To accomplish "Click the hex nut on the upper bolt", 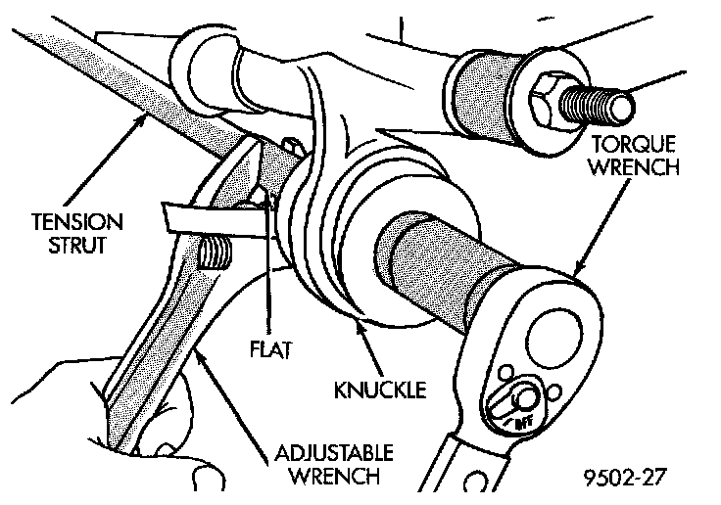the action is (x=546, y=95).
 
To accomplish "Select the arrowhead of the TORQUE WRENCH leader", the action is (x=575, y=273).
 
